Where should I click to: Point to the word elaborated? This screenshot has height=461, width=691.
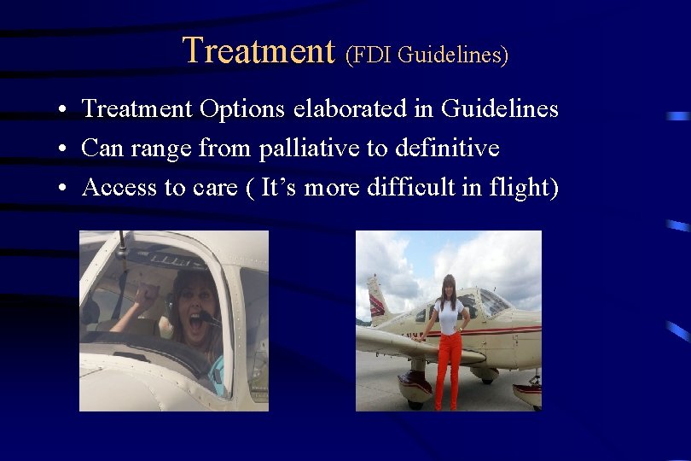coord(363,109)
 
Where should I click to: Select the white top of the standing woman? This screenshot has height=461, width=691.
coord(449,314)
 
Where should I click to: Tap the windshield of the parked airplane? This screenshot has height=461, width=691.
coord(492,303)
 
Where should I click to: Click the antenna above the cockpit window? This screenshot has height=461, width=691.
coord(124,244)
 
